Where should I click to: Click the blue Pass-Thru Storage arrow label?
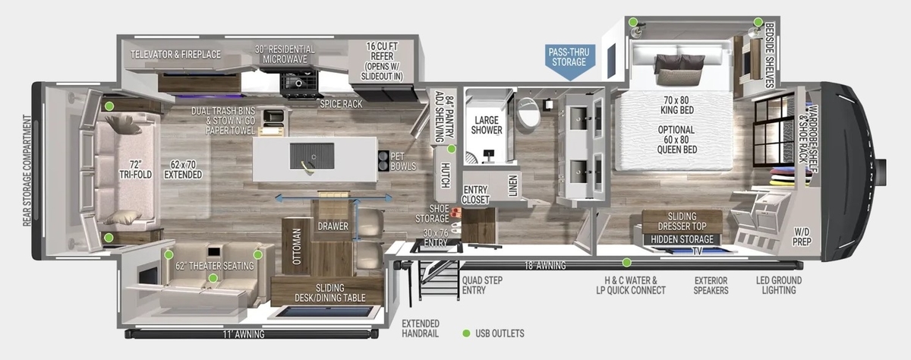[x=570, y=61]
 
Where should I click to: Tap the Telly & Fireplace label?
[x=175, y=55]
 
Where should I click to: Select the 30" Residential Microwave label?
[x=285, y=55]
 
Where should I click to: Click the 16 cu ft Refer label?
[x=382, y=61]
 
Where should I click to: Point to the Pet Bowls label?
[x=403, y=161]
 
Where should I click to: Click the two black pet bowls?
[x=383, y=161]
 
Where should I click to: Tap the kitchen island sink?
[x=312, y=156]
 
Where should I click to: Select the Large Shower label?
[x=487, y=125]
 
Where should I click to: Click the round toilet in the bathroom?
[x=528, y=112]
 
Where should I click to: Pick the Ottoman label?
[x=297, y=247]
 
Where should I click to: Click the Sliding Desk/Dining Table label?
[x=329, y=293]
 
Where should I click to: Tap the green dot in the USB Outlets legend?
[x=466, y=333]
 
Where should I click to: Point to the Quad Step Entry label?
[x=482, y=285]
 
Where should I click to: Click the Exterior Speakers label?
[x=711, y=285]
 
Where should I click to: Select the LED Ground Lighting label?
[x=779, y=285]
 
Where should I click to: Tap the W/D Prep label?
[x=802, y=237]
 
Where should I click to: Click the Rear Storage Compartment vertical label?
[x=27, y=170]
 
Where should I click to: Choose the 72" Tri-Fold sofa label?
[x=135, y=169]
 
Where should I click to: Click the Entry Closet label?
[x=475, y=195]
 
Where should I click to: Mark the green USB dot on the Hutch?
[x=452, y=150]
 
